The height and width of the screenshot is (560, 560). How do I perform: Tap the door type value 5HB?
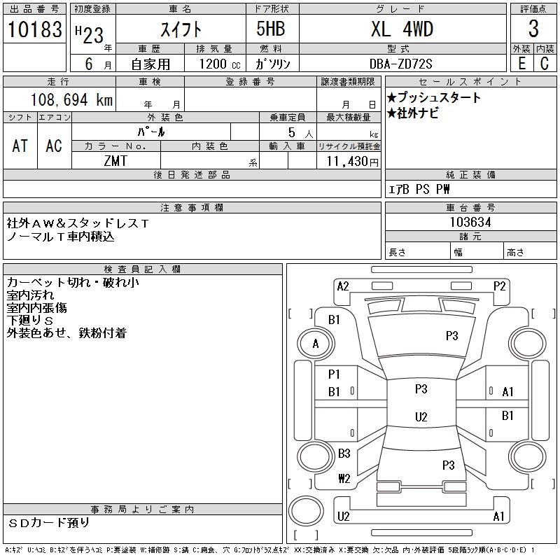coord(265,29)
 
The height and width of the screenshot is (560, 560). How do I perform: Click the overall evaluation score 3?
coord(533,29)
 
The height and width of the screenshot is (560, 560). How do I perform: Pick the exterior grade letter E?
coord(521,63)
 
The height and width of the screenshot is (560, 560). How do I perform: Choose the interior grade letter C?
coord(544,63)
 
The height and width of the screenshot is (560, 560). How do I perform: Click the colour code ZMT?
coord(115,161)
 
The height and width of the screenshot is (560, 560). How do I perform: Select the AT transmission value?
coord(20,146)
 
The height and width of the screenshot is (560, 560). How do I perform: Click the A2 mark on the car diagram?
coord(343,286)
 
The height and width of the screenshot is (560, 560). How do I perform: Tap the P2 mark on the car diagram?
coord(499,286)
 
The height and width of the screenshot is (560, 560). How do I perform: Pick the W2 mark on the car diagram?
coord(344,479)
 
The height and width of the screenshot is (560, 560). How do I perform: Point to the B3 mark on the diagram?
coord(344,454)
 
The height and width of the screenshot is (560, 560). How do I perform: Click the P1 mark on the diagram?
coord(334,374)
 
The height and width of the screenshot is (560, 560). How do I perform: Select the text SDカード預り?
coord(49,523)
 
